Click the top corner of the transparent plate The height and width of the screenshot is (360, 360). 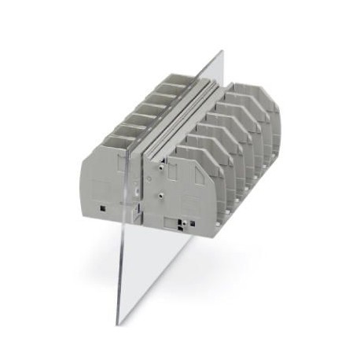click(x=221, y=53)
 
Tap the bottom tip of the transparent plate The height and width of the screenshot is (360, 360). click(x=119, y=323)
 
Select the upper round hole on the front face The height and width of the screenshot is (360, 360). click(x=160, y=167)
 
